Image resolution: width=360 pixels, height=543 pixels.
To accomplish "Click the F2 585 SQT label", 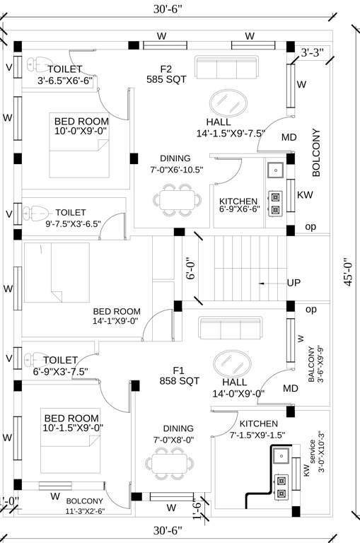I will (167, 74).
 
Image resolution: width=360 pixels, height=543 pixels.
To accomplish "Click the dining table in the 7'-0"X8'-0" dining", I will (170, 463).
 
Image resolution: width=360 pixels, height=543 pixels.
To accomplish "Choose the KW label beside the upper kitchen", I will (305, 194).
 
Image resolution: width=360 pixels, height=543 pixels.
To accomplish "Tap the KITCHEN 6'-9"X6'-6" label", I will (239, 205).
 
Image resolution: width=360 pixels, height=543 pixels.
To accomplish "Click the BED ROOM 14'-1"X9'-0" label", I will (117, 316).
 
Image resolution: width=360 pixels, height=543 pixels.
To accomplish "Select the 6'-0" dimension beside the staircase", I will (189, 269).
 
